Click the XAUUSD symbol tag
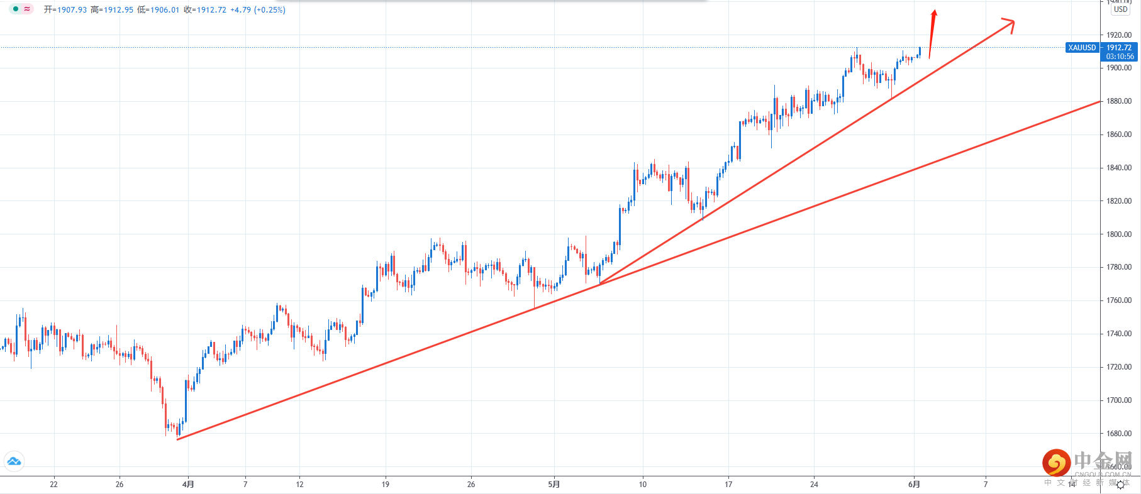[x=1082, y=48]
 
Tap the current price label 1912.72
[x=1119, y=48]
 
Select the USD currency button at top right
[x=1120, y=9]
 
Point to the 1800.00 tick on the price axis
[x=1119, y=234]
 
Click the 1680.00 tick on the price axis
[x=1119, y=434]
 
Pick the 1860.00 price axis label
[x=1119, y=134]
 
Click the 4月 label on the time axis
[x=188, y=485]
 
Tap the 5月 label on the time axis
[x=554, y=485]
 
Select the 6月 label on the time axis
[x=914, y=485]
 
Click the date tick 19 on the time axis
[x=386, y=485]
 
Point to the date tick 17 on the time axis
[x=728, y=485]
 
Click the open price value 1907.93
[x=72, y=10]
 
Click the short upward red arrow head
[x=935, y=13]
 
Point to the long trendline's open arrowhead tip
[x=1013, y=21]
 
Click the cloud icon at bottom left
[x=14, y=462]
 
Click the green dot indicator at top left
[x=16, y=9]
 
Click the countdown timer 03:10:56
[x=1120, y=57]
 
